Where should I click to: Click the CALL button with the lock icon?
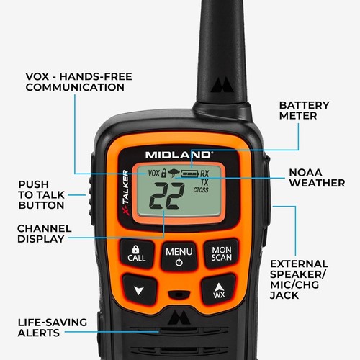[x=137, y=253]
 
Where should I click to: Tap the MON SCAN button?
[x=220, y=253]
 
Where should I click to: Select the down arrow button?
[x=138, y=289]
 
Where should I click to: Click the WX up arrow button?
[x=218, y=289]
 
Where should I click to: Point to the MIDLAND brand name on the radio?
[x=178, y=154]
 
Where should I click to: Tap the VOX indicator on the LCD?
[x=153, y=174]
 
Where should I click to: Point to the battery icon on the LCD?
[x=189, y=174]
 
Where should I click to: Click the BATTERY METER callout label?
[x=304, y=111]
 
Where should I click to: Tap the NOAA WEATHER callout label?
[x=316, y=178]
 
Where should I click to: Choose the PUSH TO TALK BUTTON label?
[x=42, y=194]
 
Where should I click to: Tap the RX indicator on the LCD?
[x=205, y=174]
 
